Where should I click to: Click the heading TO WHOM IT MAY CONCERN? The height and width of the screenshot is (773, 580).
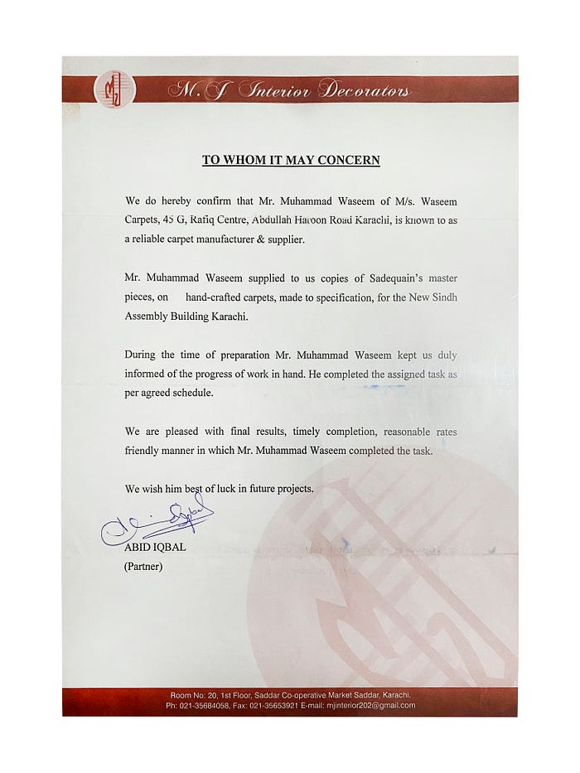pos(291,160)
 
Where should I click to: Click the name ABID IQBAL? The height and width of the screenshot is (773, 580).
pos(155,548)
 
